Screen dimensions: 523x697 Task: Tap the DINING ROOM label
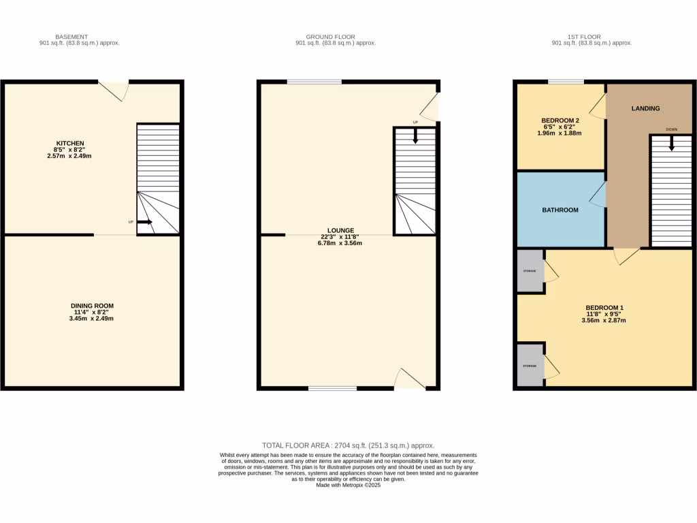click(92, 306)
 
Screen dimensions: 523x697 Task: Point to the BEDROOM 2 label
click(560, 121)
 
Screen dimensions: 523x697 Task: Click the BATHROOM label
click(560, 210)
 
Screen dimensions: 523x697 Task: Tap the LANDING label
click(645, 108)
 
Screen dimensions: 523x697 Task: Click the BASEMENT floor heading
click(71, 37)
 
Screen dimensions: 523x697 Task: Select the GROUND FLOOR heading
click(330, 37)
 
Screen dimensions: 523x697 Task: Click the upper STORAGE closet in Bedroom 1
click(530, 272)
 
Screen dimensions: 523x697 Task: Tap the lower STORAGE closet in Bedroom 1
click(530, 366)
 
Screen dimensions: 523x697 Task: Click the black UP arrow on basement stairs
click(144, 222)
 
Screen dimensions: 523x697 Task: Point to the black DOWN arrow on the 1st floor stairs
click(672, 143)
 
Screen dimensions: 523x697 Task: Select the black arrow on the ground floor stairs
click(415, 136)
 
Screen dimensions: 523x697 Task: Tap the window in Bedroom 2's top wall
click(566, 82)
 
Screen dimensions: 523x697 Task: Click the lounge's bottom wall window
click(332, 389)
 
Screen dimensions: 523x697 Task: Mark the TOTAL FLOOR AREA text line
click(348, 445)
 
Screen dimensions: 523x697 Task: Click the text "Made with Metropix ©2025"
click(348, 485)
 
